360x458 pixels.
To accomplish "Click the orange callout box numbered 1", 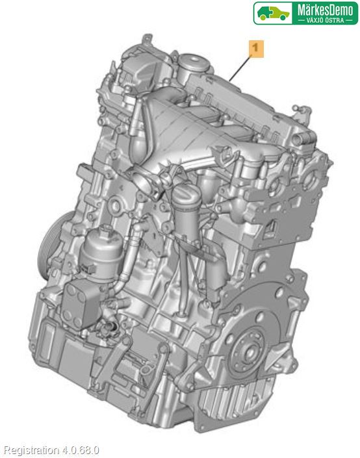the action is tap(256, 49).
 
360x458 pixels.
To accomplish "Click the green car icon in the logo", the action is tap(273, 14).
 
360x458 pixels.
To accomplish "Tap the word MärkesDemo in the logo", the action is tap(325, 10).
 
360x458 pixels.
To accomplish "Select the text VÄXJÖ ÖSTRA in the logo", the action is tap(325, 20).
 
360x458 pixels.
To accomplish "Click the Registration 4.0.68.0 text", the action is tap(51, 450).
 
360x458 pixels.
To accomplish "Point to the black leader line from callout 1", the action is tap(240, 69).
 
